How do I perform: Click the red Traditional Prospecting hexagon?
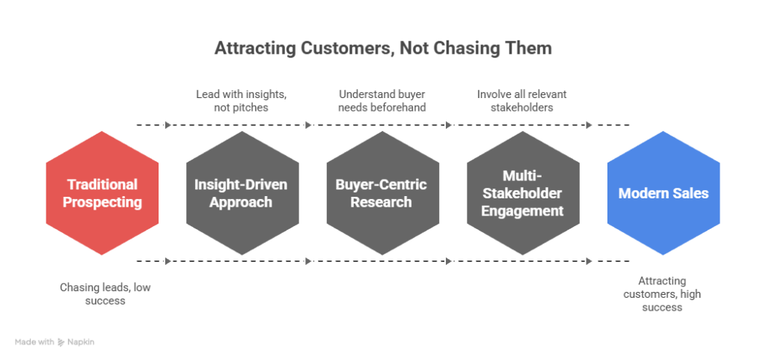(102, 193)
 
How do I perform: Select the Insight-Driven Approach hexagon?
(242, 193)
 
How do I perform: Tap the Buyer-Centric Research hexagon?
(382, 193)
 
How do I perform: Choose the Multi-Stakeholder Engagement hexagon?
(523, 193)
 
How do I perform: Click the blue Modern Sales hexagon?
(664, 193)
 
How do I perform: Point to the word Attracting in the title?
(254, 49)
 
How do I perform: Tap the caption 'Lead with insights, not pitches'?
(242, 100)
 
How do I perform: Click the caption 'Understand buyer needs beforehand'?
(382, 100)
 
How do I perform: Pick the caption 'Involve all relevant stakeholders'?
(521, 100)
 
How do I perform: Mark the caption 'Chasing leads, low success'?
(105, 294)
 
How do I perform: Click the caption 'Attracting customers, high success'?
(662, 294)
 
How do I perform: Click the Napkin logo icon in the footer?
(61, 343)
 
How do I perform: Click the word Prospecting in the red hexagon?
(102, 202)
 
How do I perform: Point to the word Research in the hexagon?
(381, 202)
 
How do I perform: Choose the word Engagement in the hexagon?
(522, 211)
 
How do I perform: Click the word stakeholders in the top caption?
(521, 108)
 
